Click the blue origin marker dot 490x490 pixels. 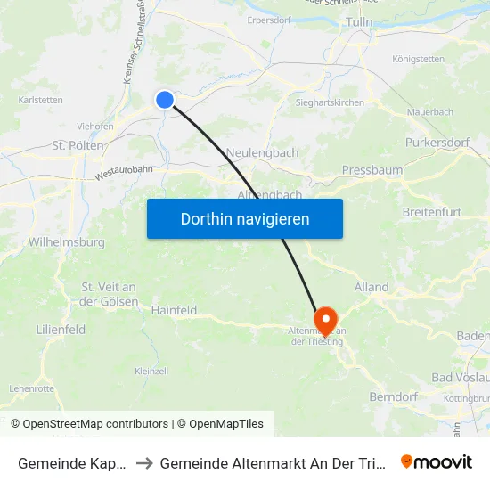click(x=165, y=100)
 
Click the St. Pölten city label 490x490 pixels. click(x=78, y=145)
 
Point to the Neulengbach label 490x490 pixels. click(x=262, y=152)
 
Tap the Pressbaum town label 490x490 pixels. click(x=372, y=169)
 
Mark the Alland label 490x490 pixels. click(x=372, y=287)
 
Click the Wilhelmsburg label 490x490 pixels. click(x=67, y=241)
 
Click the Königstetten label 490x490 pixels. click(x=419, y=60)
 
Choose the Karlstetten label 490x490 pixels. click(x=40, y=100)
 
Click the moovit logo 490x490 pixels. click(x=436, y=461)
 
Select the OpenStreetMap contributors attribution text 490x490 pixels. click(x=95, y=424)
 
